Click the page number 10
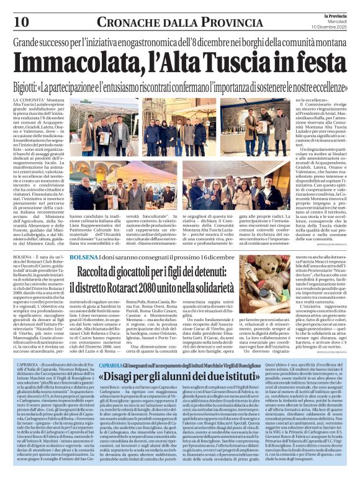21,21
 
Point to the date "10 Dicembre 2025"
330,29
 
